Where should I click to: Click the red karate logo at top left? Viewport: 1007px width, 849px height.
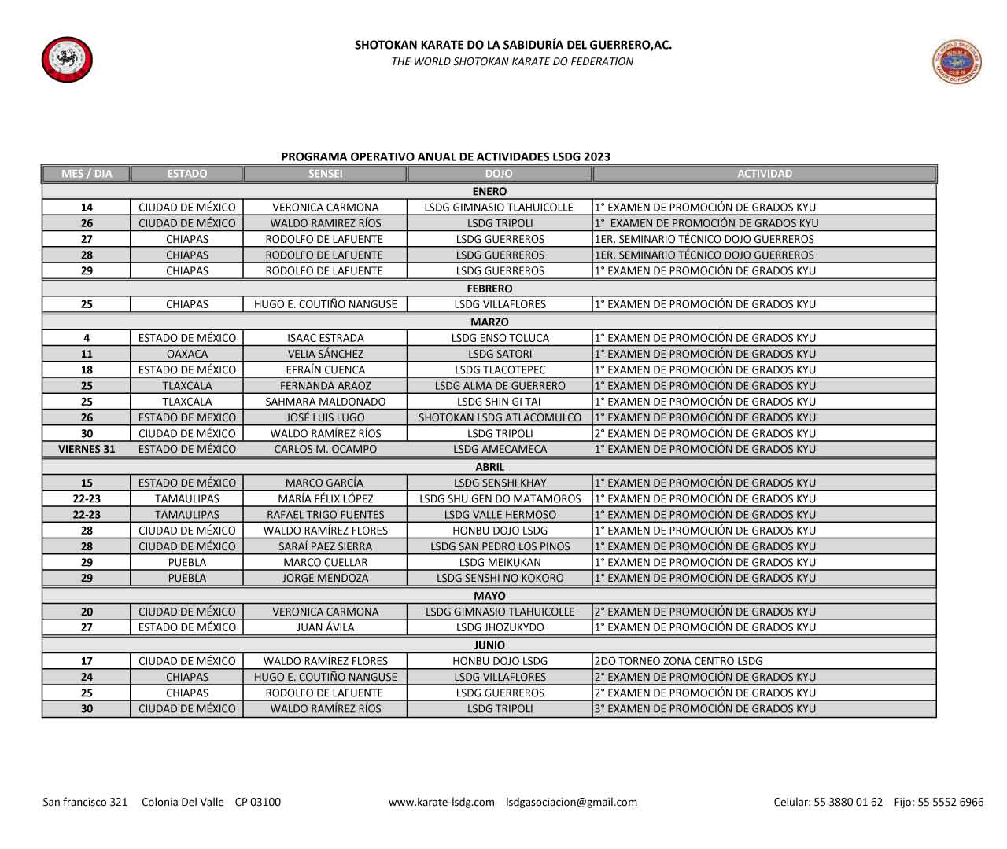pyautogui.click(x=67, y=60)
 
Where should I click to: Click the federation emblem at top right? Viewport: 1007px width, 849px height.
pyautogui.click(x=957, y=62)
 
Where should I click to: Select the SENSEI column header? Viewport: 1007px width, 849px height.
pyautogui.click(x=325, y=174)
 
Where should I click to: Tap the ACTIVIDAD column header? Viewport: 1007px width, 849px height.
pyautogui.click(x=764, y=174)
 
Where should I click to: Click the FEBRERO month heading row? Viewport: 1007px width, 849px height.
pyautogui.click(x=489, y=289)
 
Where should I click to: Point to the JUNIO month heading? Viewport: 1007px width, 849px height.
pyautogui.click(x=489, y=645)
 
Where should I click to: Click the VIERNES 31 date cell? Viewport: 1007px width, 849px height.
pyautogui.click(x=87, y=449)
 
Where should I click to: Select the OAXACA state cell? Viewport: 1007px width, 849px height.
pyautogui.click(x=187, y=354)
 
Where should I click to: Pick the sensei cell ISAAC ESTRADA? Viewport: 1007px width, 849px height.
pyautogui.click(x=325, y=338)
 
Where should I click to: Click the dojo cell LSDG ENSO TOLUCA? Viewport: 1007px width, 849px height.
pyautogui.click(x=500, y=338)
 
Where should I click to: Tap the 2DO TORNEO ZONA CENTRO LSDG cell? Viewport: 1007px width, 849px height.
pyautogui.click(x=678, y=661)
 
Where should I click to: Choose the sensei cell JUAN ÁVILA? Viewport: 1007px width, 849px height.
pyautogui.click(x=325, y=627)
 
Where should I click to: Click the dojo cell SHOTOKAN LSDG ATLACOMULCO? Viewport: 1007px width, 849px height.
pyautogui.click(x=500, y=417)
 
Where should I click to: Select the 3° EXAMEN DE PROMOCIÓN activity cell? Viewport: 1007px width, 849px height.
pyautogui.click(x=705, y=708)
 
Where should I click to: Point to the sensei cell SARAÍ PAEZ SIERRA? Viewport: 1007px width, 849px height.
pyautogui.click(x=325, y=546)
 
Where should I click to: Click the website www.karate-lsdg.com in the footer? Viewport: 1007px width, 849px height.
pyautogui.click(x=441, y=802)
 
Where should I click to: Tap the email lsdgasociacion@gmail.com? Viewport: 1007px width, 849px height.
pyautogui.click(x=571, y=802)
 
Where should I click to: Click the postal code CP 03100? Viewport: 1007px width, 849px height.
pyautogui.click(x=257, y=802)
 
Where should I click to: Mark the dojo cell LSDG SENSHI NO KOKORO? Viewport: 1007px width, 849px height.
pyautogui.click(x=500, y=578)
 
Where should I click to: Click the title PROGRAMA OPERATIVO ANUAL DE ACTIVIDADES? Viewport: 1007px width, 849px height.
pyautogui.click(x=445, y=156)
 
